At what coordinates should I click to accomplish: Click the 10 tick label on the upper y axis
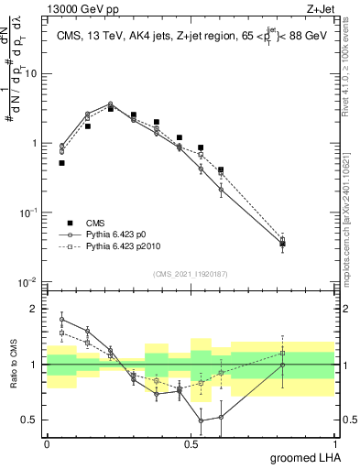(34, 73)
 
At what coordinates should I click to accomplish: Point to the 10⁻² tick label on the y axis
(30, 280)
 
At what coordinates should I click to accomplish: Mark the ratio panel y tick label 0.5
(32, 420)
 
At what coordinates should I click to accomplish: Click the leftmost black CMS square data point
(61, 163)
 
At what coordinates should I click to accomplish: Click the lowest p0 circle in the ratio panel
(201, 421)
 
